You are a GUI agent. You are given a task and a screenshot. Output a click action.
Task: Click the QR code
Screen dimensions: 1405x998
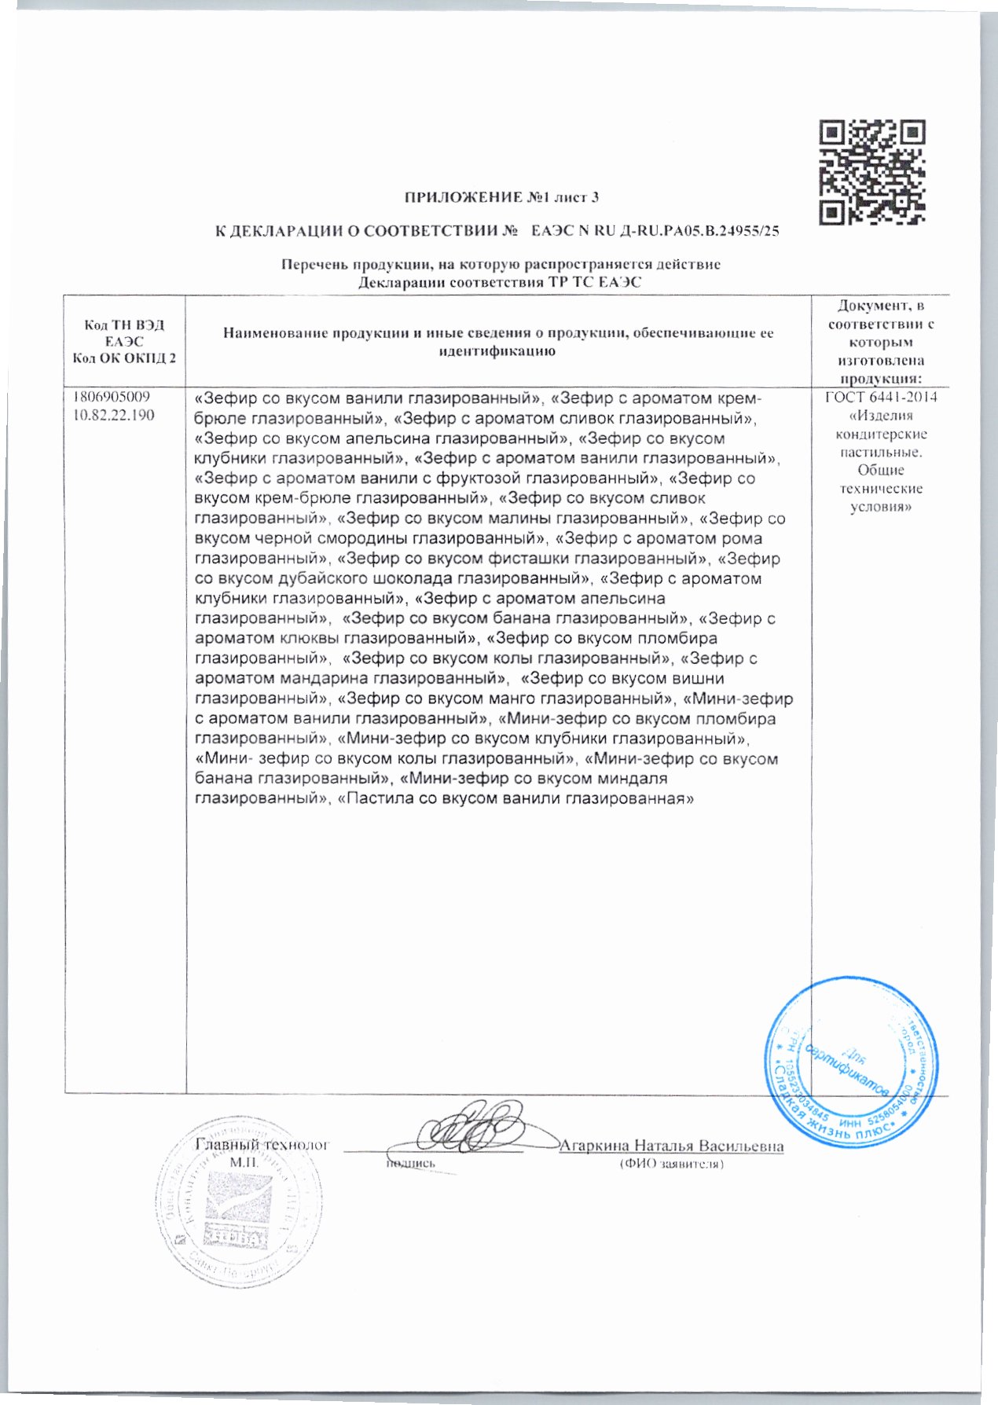coord(871,171)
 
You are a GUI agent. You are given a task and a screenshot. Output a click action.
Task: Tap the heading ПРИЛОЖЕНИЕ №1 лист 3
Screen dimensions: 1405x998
coord(507,197)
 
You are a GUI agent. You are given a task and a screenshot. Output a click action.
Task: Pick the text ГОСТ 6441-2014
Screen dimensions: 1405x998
coord(881,398)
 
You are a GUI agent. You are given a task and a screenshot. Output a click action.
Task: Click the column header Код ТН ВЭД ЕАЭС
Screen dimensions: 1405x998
coord(124,333)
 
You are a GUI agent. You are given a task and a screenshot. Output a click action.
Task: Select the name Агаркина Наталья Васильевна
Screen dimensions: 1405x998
coord(671,1146)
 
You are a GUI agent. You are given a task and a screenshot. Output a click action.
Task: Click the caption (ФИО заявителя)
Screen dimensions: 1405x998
coord(671,1163)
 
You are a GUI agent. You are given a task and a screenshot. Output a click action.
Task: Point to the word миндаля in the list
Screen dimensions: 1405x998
coord(632,780)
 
